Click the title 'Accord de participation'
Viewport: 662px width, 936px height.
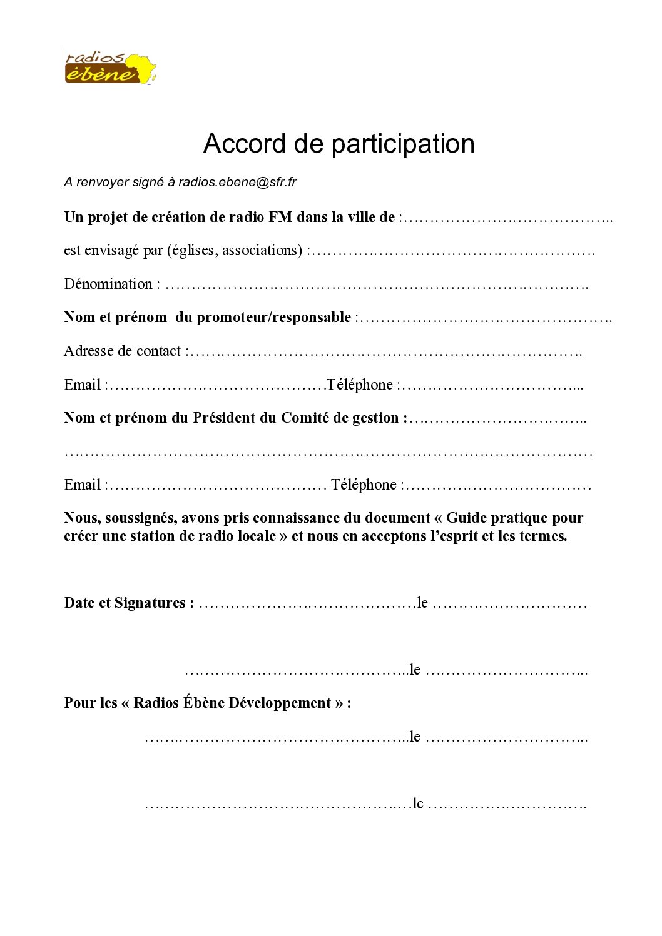pyautogui.click(x=339, y=144)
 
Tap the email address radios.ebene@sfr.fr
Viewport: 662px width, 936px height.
pyautogui.click(x=237, y=182)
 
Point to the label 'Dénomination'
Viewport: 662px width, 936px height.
pyautogui.click(x=108, y=284)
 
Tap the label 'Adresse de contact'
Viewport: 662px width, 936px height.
pyautogui.click(x=122, y=351)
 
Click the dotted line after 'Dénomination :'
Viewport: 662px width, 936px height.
pyautogui.click(x=375, y=286)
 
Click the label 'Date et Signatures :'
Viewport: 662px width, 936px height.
pyautogui.click(x=129, y=603)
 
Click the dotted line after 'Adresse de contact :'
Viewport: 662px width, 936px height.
pyautogui.click(x=385, y=353)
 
